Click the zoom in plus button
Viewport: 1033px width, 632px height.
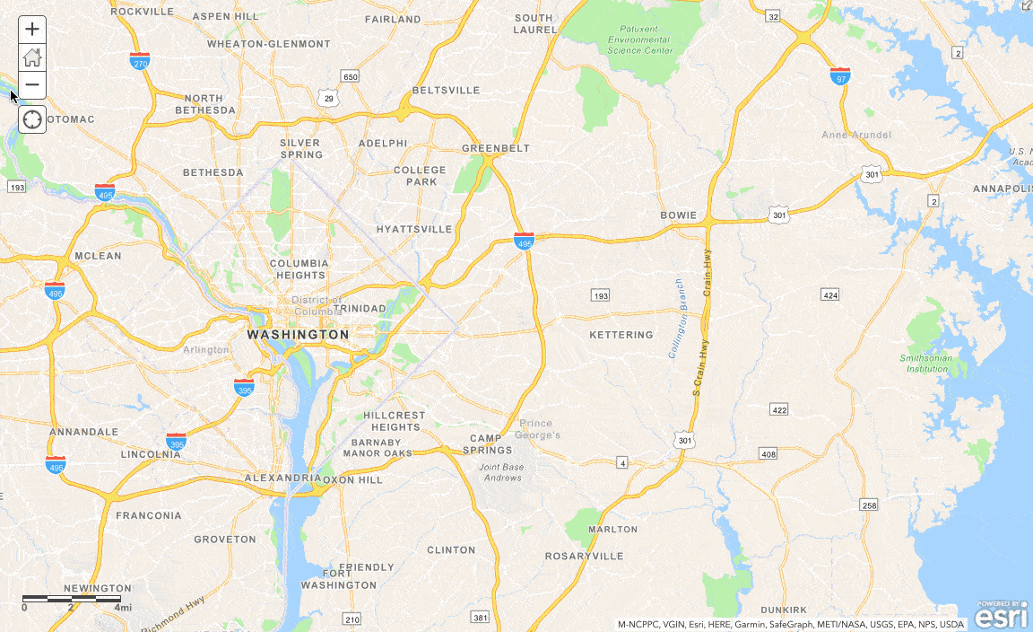[x=32, y=29]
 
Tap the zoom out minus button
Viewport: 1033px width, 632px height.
[x=32, y=85]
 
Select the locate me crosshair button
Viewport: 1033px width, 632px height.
[x=32, y=119]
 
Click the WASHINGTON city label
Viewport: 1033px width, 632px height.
[x=298, y=334]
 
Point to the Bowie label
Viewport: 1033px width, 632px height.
[x=678, y=215]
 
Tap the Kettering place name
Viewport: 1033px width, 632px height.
[x=621, y=335]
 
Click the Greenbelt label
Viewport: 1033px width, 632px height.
[x=496, y=148]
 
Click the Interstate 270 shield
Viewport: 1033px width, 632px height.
[x=140, y=61]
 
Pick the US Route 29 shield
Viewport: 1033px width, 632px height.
[x=328, y=97]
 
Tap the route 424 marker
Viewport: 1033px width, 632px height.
[x=829, y=295]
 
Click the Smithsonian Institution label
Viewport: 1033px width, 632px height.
[x=926, y=364]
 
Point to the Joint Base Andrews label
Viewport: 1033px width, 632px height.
[x=500, y=472]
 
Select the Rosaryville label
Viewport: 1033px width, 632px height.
[x=585, y=557]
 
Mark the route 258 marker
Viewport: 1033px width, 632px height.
[x=867, y=505]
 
